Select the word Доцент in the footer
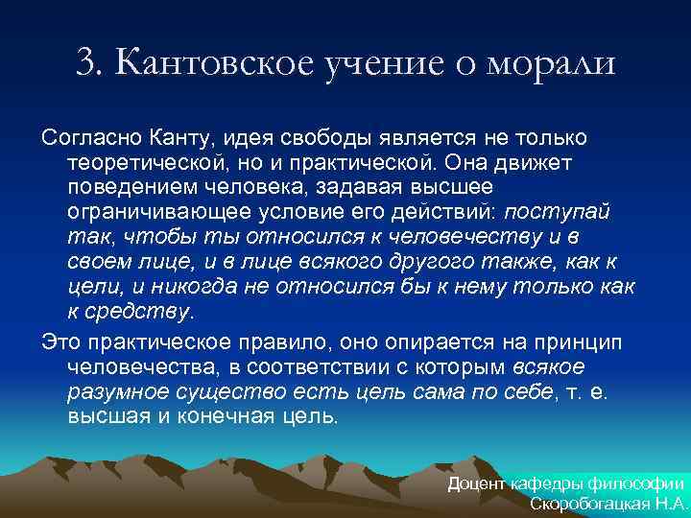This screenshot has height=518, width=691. [478, 484]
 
